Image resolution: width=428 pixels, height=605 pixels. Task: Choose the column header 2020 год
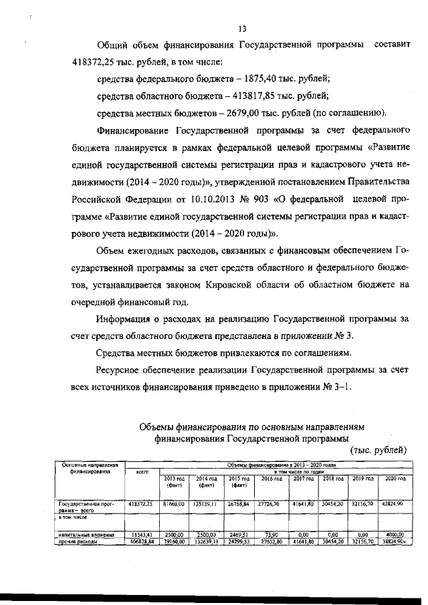[392, 479]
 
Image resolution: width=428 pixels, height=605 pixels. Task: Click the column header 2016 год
[272, 479]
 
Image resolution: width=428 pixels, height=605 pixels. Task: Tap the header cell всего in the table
[141, 472]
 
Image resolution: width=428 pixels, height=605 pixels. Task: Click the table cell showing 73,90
[272, 535]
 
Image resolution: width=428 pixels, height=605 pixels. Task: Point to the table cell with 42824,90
[392, 503]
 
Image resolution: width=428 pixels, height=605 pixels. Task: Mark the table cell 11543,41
[141, 535]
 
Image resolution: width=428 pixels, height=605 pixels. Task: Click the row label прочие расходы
[78, 541]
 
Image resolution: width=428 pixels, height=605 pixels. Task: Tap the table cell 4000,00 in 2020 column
[392, 535]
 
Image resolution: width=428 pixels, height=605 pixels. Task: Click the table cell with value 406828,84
[141, 541]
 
